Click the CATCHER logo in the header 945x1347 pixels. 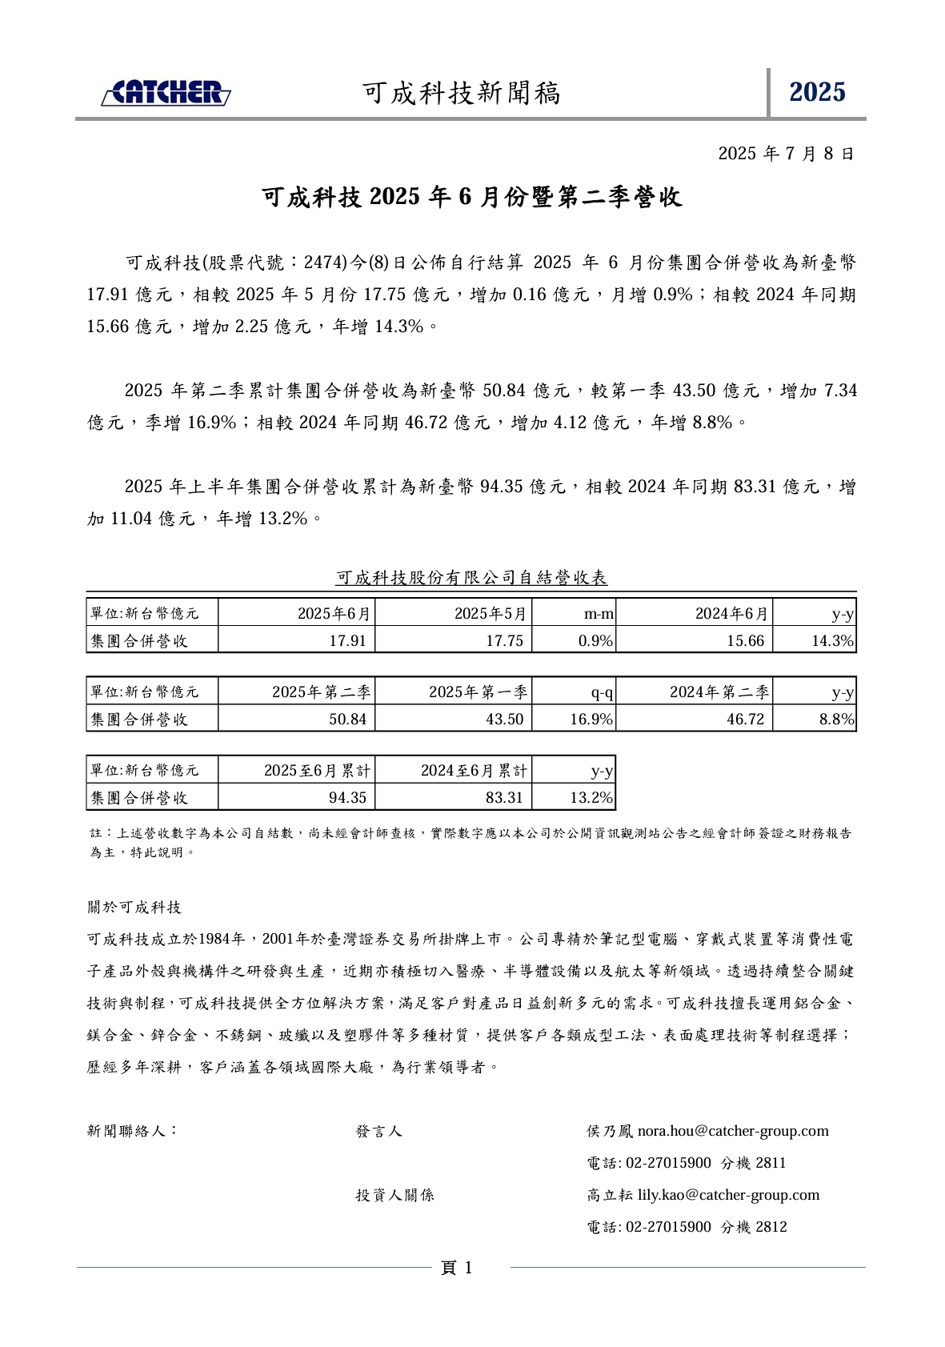pyautogui.click(x=166, y=93)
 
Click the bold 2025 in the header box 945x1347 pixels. pyautogui.click(x=816, y=93)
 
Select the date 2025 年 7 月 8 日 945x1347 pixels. pyautogui.click(x=786, y=153)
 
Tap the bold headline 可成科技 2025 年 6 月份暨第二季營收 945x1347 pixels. pyautogui.click(x=472, y=197)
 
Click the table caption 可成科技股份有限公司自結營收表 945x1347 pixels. pyautogui.click(x=471, y=577)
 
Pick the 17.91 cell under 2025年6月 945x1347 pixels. pyautogui.click(x=347, y=640)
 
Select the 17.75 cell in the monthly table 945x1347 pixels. pyautogui.click(x=504, y=640)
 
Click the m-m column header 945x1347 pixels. pyautogui.click(x=599, y=614)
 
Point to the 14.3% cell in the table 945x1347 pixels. pyautogui.click(x=832, y=640)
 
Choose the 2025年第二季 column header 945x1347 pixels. pyautogui.click(x=321, y=692)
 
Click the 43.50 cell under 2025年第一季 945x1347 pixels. pyautogui.click(x=504, y=719)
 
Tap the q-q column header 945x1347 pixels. pyautogui.click(x=601, y=692)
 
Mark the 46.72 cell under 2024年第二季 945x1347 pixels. pyautogui.click(x=745, y=719)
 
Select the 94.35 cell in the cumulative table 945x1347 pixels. pyautogui.click(x=347, y=797)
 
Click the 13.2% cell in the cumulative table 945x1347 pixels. pyautogui.click(x=591, y=797)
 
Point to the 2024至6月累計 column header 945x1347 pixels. pyautogui.click(x=474, y=770)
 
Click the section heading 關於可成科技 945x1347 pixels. pyautogui.click(x=134, y=907)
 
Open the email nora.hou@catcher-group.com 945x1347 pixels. pyautogui.click(x=732, y=1131)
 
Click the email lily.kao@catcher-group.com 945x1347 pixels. pyautogui.click(x=728, y=1195)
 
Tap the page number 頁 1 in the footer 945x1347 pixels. pyautogui.click(x=457, y=1268)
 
